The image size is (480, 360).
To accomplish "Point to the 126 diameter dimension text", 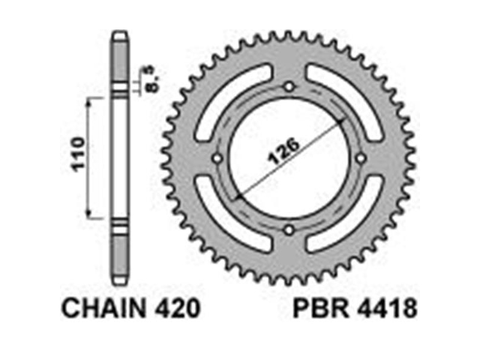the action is point(283,151).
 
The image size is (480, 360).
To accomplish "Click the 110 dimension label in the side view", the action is point(77,154).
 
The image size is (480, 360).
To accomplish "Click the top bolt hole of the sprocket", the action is point(289,87).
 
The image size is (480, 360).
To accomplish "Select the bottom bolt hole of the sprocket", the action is point(289,230).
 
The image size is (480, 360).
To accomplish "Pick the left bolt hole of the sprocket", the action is point(218,158).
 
